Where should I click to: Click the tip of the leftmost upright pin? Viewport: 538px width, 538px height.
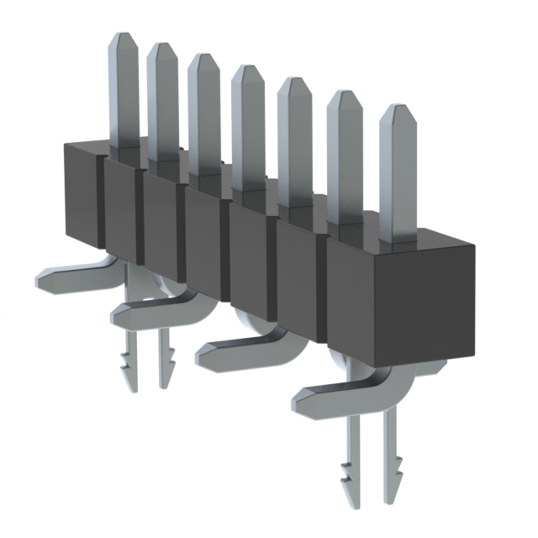click(x=123, y=39)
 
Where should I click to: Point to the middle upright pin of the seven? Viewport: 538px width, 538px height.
click(x=248, y=126)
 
